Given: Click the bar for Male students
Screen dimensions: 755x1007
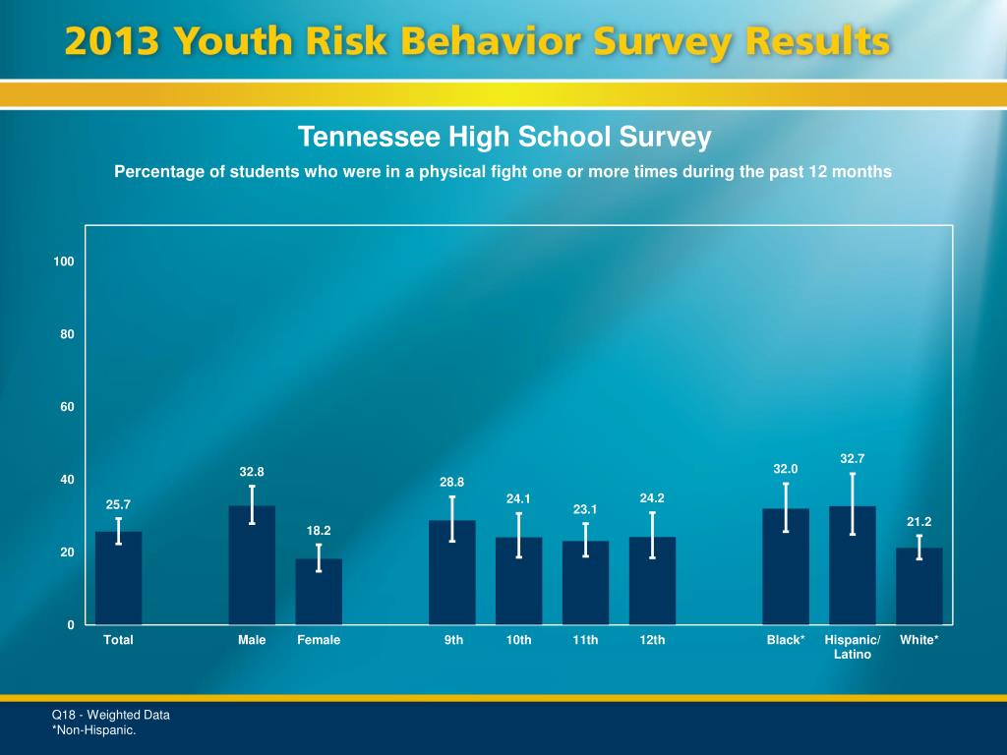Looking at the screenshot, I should point(252,570).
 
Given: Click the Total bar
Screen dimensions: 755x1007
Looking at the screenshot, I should point(118,580).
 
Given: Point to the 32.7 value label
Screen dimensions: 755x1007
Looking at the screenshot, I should point(853,458).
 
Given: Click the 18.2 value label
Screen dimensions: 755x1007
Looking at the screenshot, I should point(319,531).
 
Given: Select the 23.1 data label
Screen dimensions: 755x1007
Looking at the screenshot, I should point(586,509).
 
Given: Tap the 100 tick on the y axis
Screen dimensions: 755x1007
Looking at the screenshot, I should point(65,261).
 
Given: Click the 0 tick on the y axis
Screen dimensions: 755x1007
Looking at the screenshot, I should point(71,625).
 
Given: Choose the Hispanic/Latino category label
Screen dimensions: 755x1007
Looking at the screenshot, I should point(853,647).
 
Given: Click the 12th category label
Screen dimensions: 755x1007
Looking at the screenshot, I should point(652,640).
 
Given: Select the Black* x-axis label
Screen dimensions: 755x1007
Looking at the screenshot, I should point(786,640).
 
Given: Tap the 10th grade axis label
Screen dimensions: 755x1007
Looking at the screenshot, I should point(518,640).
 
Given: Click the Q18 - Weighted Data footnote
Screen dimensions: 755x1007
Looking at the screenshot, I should point(111,715).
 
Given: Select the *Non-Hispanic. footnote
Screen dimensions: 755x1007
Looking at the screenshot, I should point(94,729).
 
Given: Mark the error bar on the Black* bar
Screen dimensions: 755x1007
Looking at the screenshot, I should point(786,507).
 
